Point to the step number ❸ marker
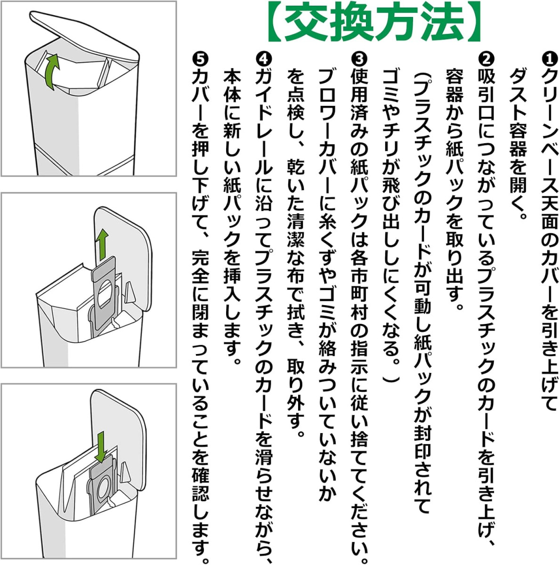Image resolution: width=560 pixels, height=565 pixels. [359, 60]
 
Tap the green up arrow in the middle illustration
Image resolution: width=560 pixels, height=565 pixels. [102, 245]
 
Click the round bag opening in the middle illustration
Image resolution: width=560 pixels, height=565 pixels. [105, 293]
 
